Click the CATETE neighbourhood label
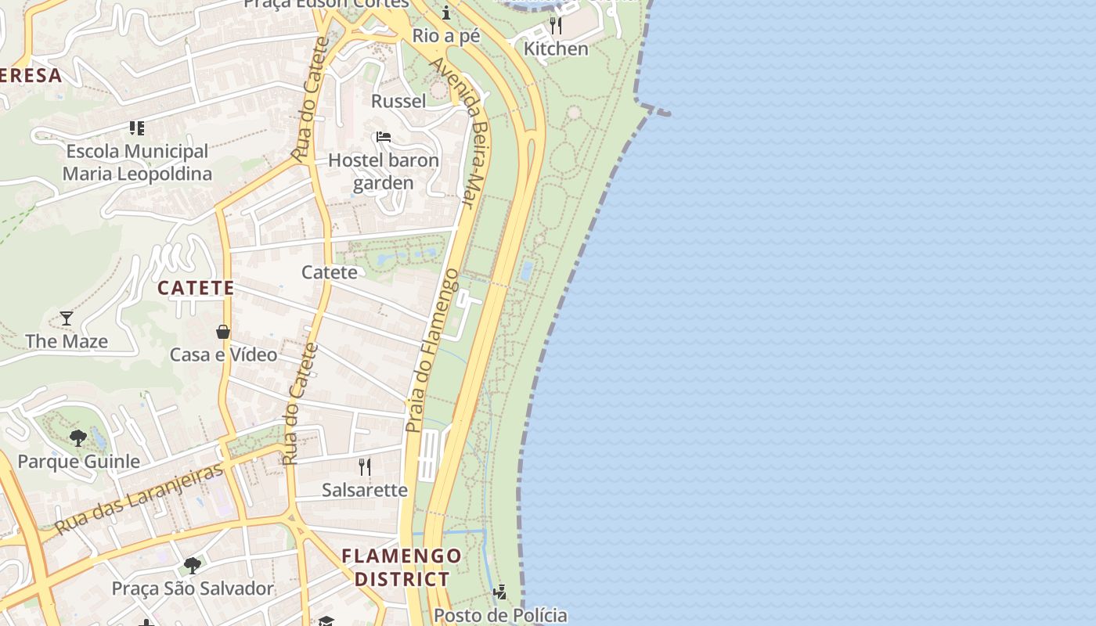[196, 288]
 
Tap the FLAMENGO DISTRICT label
[402, 567]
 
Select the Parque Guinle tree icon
[78, 437]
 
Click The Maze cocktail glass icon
[67, 318]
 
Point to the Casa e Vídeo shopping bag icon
[223, 332]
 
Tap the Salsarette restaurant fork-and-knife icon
[364, 467]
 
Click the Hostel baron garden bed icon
[383, 137]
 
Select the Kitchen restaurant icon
[555, 26]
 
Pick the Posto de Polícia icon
[499, 592]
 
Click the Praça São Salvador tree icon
[192, 565]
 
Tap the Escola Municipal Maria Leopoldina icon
[137, 128]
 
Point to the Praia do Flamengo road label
[431, 350]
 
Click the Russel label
[398, 101]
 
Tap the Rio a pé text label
[445, 35]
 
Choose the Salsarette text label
[365, 491]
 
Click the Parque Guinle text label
[79, 462]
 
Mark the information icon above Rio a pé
[446, 13]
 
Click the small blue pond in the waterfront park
[527, 271]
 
